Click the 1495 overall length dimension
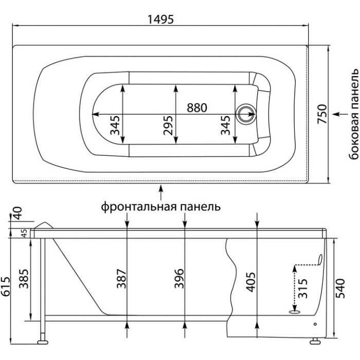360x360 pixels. click(x=160, y=19)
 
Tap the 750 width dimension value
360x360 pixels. click(x=322, y=114)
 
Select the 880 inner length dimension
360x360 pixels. click(x=197, y=107)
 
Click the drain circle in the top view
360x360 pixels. click(x=245, y=114)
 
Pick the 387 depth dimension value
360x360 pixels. click(x=121, y=279)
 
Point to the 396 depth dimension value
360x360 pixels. click(x=179, y=278)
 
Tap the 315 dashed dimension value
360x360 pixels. click(x=303, y=288)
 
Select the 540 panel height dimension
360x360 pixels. click(x=340, y=288)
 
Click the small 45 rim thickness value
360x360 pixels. click(x=25, y=233)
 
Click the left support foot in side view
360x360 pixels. click(x=43, y=342)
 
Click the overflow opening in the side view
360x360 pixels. click(x=320, y=259)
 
